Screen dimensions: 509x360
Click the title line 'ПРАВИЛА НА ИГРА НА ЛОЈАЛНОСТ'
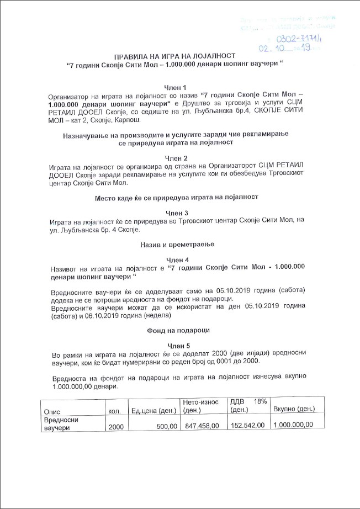[175, 56]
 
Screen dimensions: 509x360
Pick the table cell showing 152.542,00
[248, 425]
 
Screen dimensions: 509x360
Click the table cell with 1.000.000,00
[294, 425]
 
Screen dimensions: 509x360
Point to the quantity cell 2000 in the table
[116, 427]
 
